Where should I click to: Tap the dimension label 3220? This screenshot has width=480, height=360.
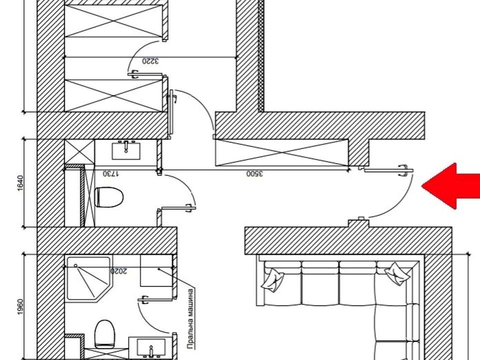[150, 61]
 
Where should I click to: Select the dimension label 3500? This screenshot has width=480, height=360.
[254, 174]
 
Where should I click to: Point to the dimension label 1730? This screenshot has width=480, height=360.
[111, 174]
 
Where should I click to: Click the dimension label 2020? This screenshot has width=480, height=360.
[118, 271]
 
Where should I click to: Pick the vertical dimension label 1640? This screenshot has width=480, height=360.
[20, 183]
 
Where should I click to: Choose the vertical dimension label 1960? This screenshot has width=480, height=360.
[20, 307]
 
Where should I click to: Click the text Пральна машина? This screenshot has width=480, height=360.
[190, 318]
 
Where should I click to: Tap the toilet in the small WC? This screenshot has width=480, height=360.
[109, 197]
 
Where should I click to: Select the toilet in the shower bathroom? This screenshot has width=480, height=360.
[104, 334]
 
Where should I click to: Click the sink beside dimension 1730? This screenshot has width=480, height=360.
[126, 150]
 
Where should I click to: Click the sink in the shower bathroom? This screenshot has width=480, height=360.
[151, 348]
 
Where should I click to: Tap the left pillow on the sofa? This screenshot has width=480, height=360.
[272, 279]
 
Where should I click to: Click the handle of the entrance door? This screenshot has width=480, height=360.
[403, 170]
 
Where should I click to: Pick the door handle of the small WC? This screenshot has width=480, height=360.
[190, 208]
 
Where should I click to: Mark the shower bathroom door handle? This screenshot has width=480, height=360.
[143, 299]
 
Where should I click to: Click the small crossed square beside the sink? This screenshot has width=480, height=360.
[79, 151]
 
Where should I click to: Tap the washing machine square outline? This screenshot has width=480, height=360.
[156, 270]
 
